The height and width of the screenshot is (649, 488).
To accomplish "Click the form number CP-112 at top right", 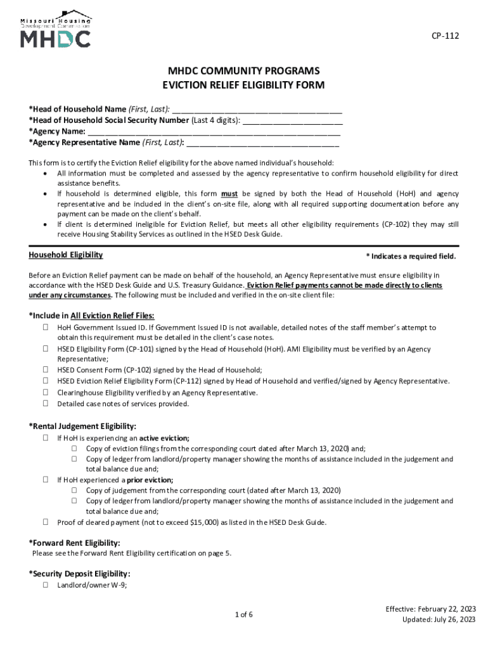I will (446, 36).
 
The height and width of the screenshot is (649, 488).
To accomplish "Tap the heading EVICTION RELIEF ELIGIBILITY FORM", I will (244, 86).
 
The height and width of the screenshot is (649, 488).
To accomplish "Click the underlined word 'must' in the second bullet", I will (229, 194).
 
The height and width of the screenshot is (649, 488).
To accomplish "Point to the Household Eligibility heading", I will (66, 255).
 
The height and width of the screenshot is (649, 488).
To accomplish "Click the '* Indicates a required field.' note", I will (411, 256).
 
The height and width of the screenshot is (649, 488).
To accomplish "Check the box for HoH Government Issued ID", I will (46, 328).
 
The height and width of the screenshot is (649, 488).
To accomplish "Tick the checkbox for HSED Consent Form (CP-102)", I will (46, 370).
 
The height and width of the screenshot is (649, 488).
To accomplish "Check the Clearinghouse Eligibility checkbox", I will (46, 393).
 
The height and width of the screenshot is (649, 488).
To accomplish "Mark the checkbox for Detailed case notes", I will (46, 404).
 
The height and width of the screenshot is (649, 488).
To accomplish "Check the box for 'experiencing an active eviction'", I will (46, 438).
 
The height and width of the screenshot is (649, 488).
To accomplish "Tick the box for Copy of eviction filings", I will (74, 448).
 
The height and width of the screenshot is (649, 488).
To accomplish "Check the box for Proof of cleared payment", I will (46, 522).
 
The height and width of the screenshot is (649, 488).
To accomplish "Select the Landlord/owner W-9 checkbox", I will (46, 586).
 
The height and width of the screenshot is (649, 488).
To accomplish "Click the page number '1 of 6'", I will (244, 614).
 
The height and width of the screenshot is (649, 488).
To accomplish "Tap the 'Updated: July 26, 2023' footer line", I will (439, 619).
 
